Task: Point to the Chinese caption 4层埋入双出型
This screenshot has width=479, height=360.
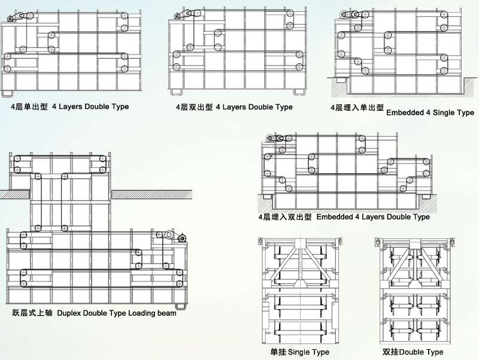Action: [x=284, y=217]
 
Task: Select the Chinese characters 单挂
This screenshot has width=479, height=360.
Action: [x=278, y=352]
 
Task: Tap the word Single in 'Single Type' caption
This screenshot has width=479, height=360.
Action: [x=299, y=352]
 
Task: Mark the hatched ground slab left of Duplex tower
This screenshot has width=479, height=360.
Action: [x=15, y=194]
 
